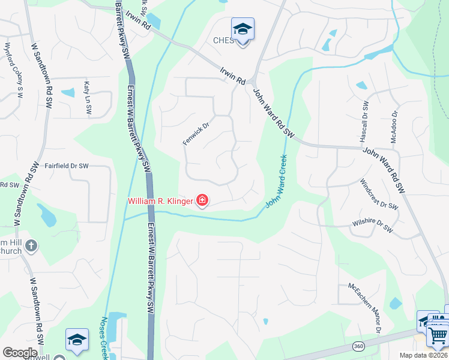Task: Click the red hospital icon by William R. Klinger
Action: coord(202,200)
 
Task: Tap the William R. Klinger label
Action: coord(160,200)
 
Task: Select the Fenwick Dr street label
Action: coord(196,134)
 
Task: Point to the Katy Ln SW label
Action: coord(88,98)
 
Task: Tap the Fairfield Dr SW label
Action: coord(67,166)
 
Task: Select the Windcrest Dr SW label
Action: coord(379,193)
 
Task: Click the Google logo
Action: coord(20,353)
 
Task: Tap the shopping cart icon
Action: coord(438,335)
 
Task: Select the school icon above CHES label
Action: coord(243,29)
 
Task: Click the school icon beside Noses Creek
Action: coord(77,340)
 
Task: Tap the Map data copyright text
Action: coord(423,355)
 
